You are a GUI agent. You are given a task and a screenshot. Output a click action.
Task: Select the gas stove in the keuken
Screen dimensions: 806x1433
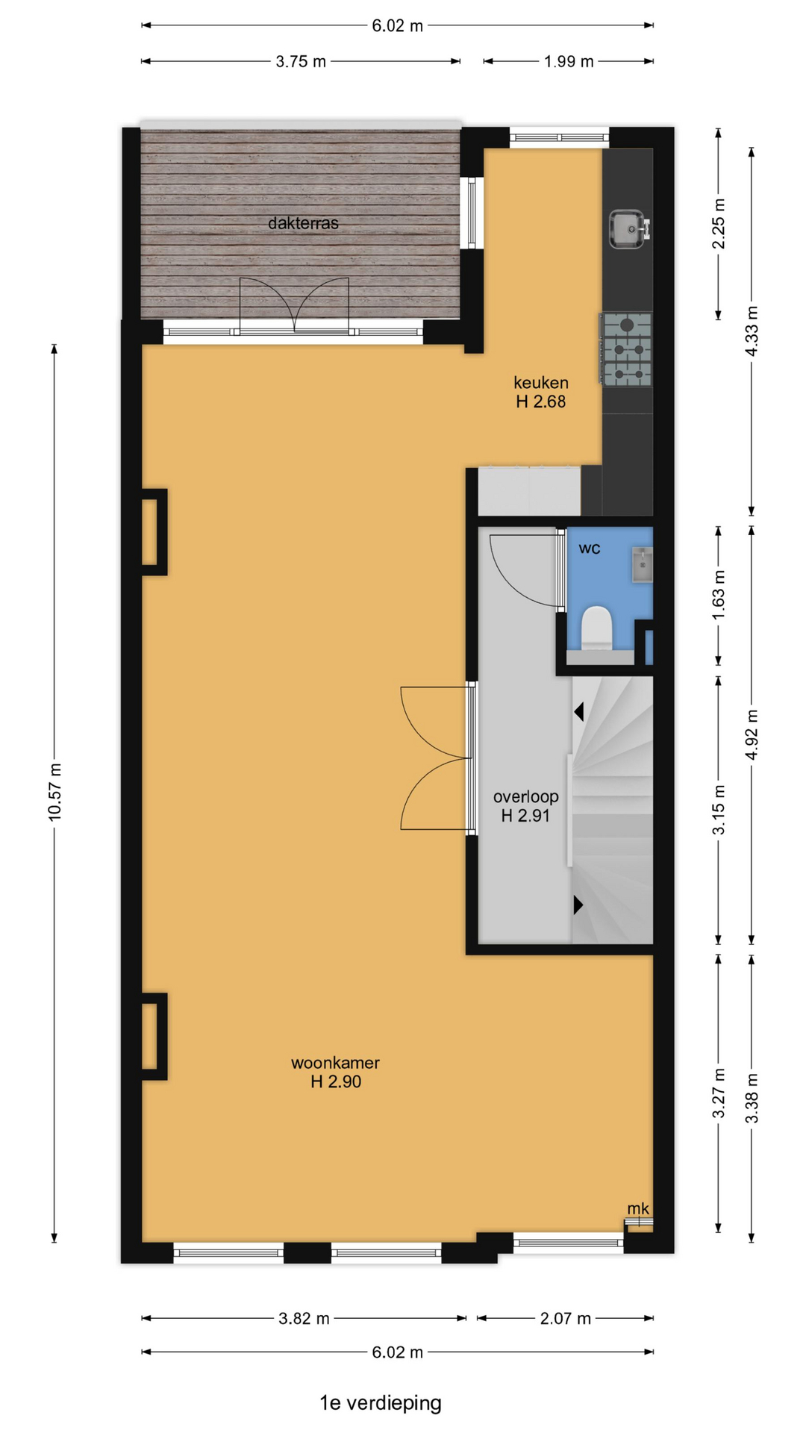point(625,349)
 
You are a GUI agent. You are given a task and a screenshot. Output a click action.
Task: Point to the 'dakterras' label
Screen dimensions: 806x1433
point(303,223)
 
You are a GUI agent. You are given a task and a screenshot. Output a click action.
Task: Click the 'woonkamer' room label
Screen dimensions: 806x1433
point(335,1063)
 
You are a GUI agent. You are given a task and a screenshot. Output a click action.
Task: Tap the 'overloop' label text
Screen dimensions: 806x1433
point(525,796)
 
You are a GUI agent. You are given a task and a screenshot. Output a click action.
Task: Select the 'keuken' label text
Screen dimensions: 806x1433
point(541,383)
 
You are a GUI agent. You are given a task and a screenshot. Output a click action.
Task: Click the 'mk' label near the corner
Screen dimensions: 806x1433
point(638,1208)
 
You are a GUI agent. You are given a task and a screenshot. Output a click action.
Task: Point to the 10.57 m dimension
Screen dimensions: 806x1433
point(54,793)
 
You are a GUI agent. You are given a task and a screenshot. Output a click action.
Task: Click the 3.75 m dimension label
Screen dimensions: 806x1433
point(301,62)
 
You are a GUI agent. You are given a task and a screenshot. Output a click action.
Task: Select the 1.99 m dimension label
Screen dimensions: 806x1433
point(569,62)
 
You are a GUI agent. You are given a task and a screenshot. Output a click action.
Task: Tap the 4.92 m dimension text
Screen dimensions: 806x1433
point(752,735)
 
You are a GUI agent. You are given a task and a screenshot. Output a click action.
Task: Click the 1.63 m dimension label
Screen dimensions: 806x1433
point(719,595)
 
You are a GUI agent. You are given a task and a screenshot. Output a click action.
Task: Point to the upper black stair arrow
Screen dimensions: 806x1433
point(578,712)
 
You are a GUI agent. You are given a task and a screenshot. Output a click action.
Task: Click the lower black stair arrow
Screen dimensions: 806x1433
point(578,905)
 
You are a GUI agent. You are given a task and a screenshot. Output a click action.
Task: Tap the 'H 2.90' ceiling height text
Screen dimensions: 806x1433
point(336,1082)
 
